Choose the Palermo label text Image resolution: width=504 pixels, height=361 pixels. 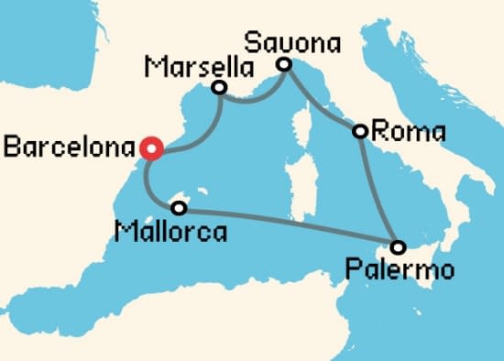coord(400,270)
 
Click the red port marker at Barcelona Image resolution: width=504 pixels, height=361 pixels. coord(151,148)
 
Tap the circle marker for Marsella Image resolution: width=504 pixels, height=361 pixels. coord(219,88)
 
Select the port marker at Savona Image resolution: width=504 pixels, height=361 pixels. coord(284,64)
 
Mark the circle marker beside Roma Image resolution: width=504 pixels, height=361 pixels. coord(361,132)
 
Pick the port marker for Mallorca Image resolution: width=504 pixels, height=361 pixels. coord(178,208)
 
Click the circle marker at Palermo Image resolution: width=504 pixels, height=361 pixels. coord(397,246)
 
